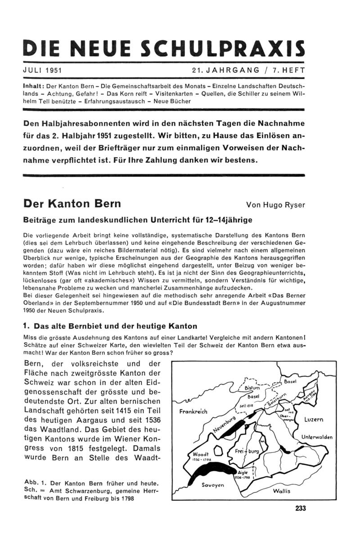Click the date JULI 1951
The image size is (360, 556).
coord(42,70)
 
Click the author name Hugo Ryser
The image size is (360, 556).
coord(286,205)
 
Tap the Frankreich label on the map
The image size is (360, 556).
coord(193,412)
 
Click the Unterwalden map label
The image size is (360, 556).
coord(317,437)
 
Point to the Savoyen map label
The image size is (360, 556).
coord(213,485)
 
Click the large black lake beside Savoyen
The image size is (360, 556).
coord(202,468)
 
